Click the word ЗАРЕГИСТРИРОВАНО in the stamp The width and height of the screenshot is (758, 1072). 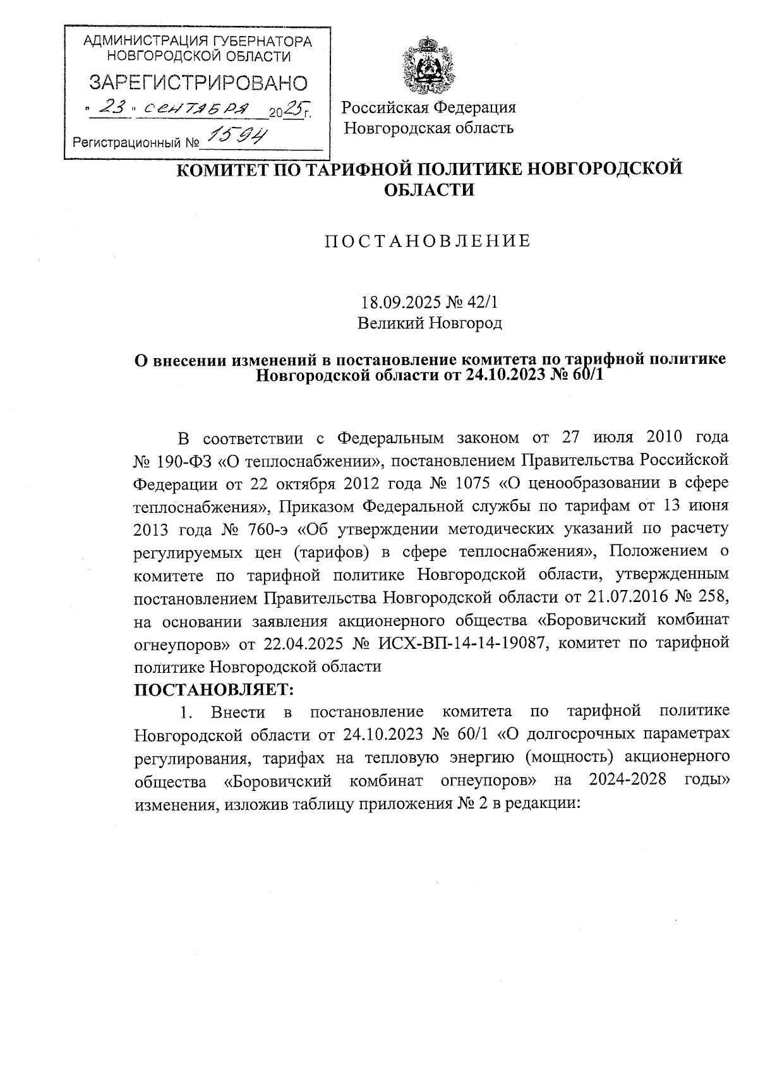coord(198,83)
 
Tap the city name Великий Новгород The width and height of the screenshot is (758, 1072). coord(430,323)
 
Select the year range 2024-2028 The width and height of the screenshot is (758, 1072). coord(627,780)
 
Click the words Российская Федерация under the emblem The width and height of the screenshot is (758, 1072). coord(429,107)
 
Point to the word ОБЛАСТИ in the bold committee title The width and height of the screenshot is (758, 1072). coord(430,189)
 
